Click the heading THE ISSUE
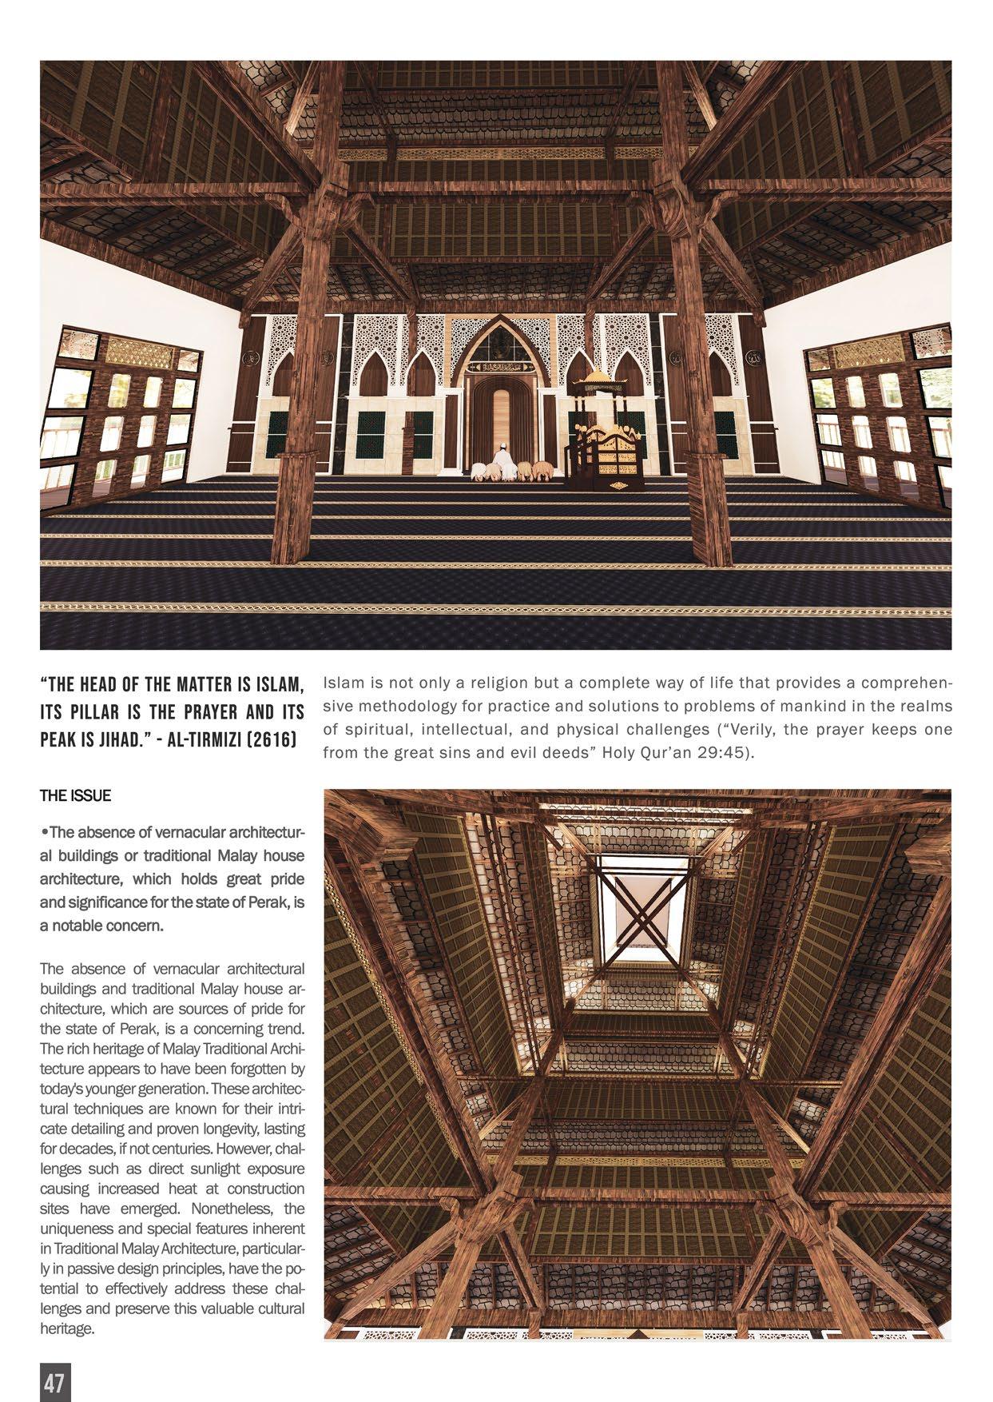click(75, 796)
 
